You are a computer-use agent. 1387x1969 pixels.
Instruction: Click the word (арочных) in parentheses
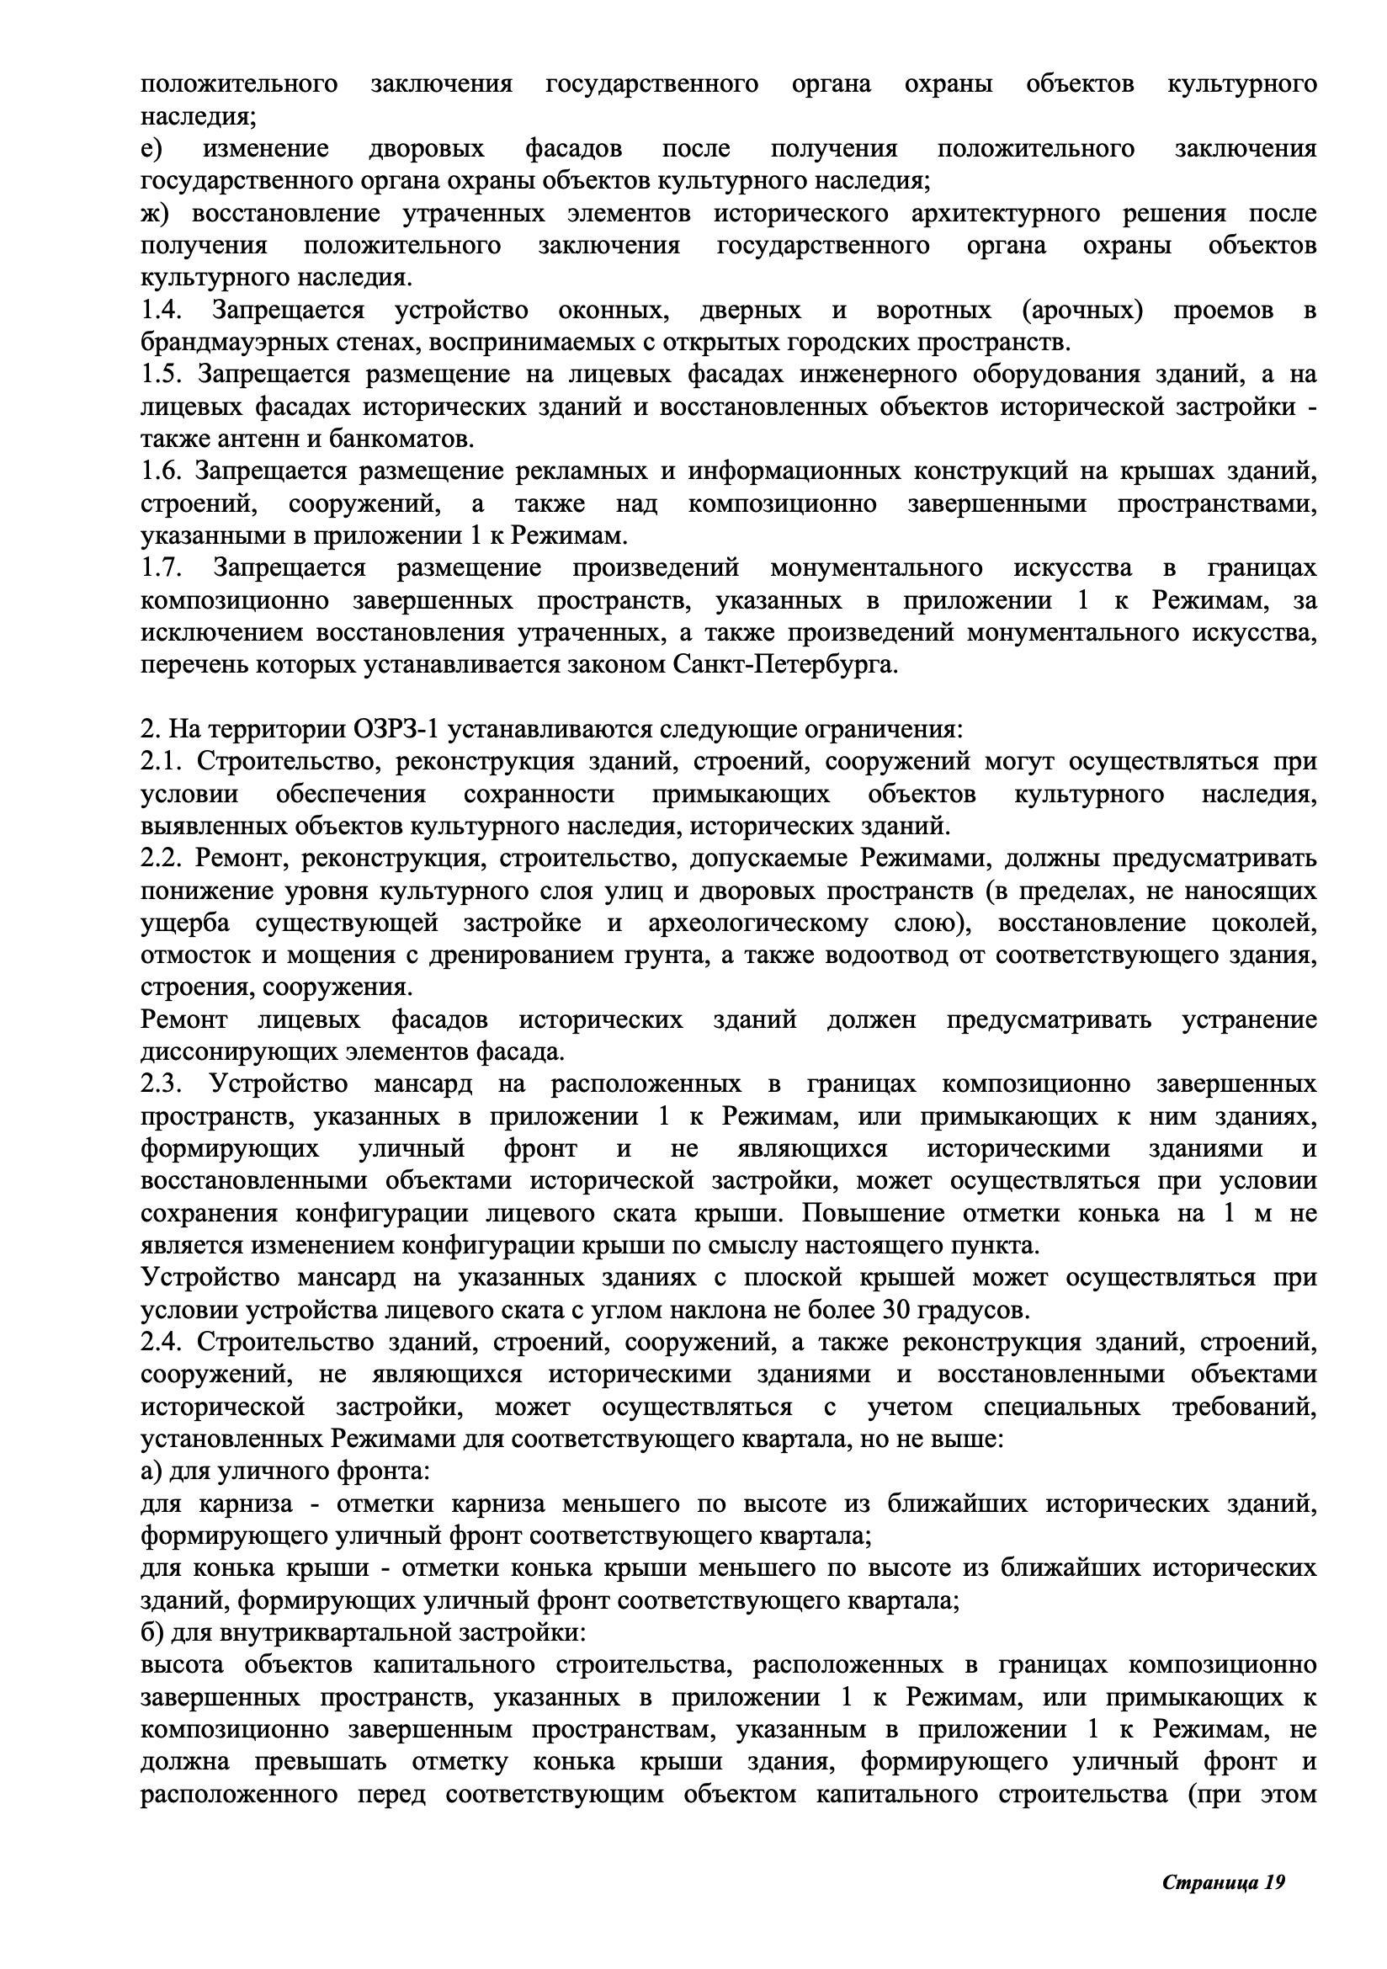[1082, 310]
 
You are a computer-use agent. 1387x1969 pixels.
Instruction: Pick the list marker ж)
[156, 213]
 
